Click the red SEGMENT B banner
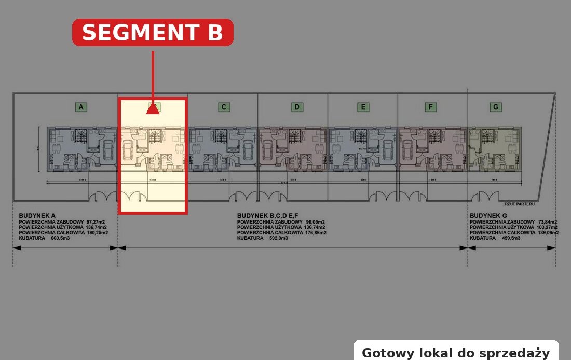(153, 32)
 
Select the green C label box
(223, 107)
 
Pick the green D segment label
(296, 107)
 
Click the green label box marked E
(363, 107)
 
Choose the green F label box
(430, 107)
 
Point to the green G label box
(496, 107)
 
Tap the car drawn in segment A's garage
(108, 150)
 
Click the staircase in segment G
(487, 137)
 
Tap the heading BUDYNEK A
(37, 215)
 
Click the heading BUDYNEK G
(488, 215)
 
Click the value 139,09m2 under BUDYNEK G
(548, 233)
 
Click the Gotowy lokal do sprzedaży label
(456, 353)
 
